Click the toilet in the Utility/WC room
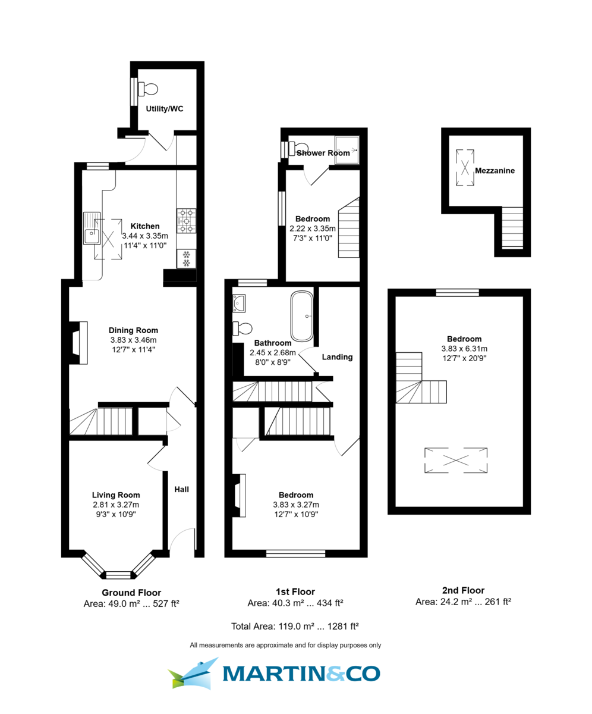click(x=148, y=89)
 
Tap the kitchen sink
click(x=93, y=228)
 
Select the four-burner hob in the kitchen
click(x=186, y=220)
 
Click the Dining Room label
click(x=133, y=330)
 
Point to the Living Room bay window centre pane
click(x=118, y=574)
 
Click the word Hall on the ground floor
click(x=181, y=489)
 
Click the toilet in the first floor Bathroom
click(x=243, y=328)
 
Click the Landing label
click(x=337, y=357)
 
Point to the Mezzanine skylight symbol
click(x=465, y=167)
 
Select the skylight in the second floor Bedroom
click(x=456, y=460)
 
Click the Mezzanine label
click(x=495, y=170)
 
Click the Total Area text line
click(x=295, y=626)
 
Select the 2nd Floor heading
click(x=463, y=590)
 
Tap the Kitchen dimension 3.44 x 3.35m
click(x=145, y=236)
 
